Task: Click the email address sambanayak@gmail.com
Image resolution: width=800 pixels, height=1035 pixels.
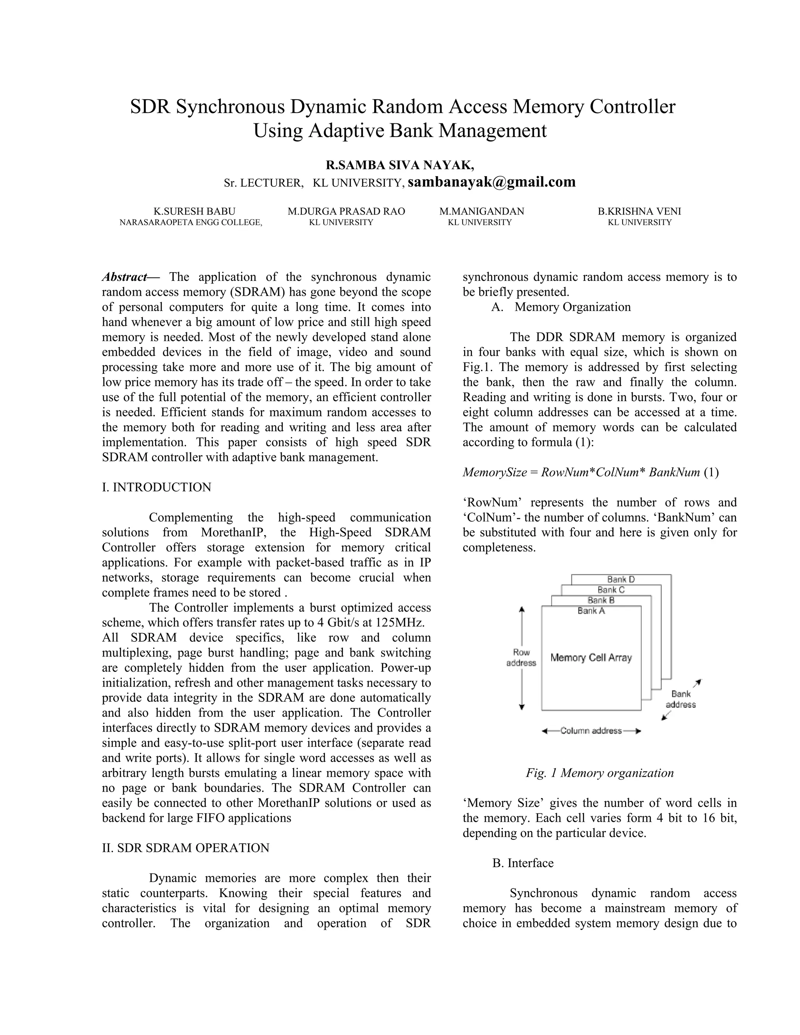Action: (x=491, y=182)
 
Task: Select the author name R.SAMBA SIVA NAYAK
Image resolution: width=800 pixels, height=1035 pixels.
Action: (x=400, y=165)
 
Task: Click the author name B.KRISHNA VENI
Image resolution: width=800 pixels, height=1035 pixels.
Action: (x=639, y=211)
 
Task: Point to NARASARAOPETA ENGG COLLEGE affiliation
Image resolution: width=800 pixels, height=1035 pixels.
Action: (x=191, y=222)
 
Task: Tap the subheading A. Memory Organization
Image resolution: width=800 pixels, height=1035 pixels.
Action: (x=561, y=307)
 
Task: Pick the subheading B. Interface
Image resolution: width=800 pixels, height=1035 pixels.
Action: (x=523, y=863)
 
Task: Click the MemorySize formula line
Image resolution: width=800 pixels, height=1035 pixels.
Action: (x=590, y=472)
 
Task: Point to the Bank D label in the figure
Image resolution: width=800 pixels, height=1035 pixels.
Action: (x=621, y=579)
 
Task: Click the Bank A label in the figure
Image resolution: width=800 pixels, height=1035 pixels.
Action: (x=591, y=611)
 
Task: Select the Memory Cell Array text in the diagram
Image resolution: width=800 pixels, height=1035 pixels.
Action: (x=591, y=657)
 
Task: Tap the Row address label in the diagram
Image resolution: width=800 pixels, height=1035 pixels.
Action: (x=521, y=657)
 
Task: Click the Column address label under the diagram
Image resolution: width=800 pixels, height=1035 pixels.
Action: (x=591, y=731)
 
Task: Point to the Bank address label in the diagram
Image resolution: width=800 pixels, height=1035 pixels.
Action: (x=680, y=699)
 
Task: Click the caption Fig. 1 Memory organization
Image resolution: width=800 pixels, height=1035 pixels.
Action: (x=600, y=773)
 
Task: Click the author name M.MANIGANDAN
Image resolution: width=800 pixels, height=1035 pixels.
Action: (x=482, y=211)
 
